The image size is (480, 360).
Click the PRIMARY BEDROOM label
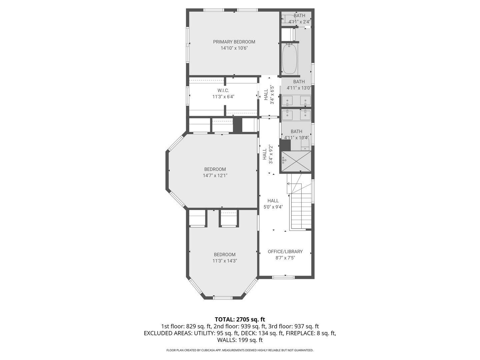(x=234, y=42)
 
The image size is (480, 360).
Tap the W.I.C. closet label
(x=223, y=90)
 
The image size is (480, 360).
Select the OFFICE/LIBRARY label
(x=285, y=252)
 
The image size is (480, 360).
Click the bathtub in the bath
(x=290, y=59)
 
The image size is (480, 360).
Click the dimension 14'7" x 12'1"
(x=215, y=176)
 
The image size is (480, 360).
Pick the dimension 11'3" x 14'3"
(x=225, y=261)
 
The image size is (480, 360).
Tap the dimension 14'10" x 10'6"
(x=234, y=48)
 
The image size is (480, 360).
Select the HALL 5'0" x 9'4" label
(x=273, y=204)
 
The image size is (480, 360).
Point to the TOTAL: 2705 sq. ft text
(x=240, y=320)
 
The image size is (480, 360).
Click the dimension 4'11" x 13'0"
(x=299, y=88)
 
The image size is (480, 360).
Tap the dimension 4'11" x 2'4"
(x=299, y=22)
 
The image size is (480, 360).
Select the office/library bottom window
(x=283, y=277)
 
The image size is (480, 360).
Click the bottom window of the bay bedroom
(x=223, y=298)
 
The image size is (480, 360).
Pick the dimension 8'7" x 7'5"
(x=285, y=258)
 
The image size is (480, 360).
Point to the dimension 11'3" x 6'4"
(x=223, y=97)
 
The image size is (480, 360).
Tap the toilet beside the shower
(x=305, y=145)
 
